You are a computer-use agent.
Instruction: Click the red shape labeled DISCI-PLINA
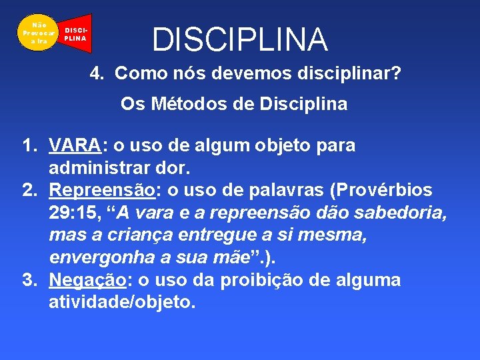tap(75, 34)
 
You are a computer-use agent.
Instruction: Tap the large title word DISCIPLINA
tap(240, 39)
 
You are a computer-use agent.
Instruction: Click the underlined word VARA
tap(75, 145)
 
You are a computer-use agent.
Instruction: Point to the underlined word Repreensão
tap(102, 190)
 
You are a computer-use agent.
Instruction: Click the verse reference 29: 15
tap(75, 213)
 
